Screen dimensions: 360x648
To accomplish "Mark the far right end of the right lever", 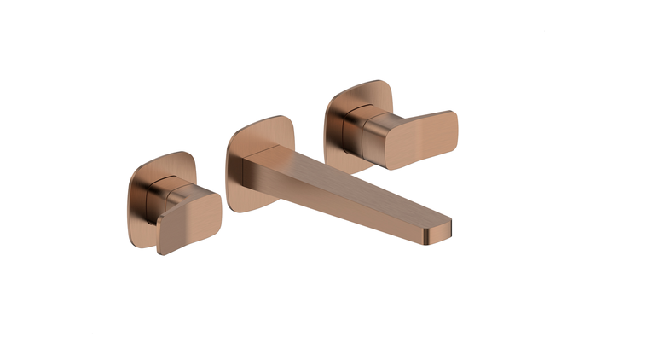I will tap(456, 128).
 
